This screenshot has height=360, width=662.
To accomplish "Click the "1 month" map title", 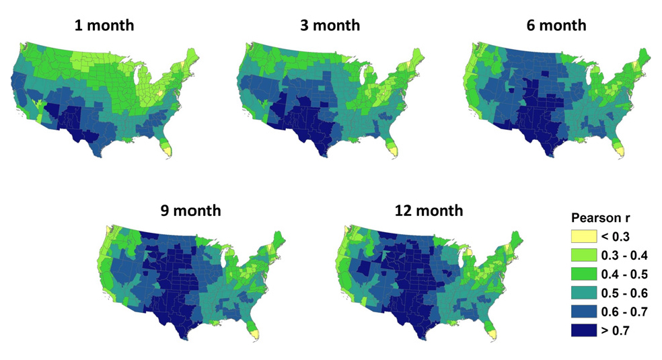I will (x=104, y=26).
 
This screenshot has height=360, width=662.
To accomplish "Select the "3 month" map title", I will (x=330, y=26).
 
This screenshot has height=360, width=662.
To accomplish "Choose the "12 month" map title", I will (x=430, y=211).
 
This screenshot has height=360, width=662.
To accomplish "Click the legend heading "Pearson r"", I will (x=599, y=219).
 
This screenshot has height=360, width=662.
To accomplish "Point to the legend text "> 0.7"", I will (x=616, y=330).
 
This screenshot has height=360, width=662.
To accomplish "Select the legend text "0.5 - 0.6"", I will (x=624, y=293).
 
